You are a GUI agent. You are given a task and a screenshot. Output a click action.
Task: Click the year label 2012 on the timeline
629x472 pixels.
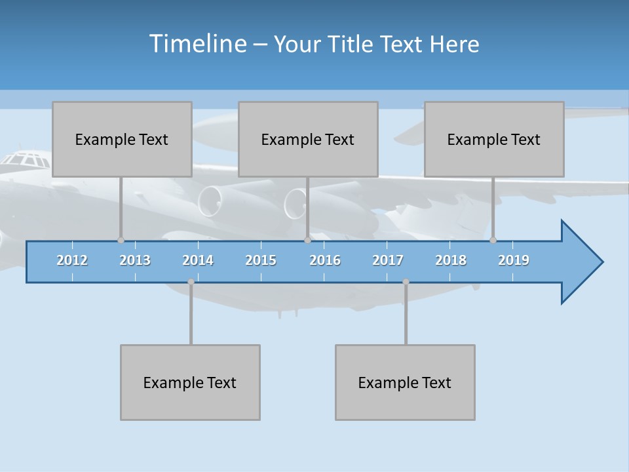(72, 260)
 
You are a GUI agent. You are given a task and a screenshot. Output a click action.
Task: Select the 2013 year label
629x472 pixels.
(135, 260)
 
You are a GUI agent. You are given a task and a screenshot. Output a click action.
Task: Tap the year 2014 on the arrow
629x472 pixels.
(198, 260)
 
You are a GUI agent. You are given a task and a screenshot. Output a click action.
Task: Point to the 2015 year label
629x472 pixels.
(261, 260)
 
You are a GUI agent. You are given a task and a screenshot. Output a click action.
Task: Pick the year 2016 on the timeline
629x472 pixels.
(325, 260)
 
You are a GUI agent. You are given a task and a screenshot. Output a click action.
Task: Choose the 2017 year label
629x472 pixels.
(388, 260)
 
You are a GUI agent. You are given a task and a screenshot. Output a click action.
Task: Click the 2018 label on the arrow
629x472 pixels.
(451, 260)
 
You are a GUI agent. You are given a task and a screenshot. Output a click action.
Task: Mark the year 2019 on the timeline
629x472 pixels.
(514, 260)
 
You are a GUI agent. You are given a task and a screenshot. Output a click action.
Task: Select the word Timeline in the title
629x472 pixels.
(197, 44)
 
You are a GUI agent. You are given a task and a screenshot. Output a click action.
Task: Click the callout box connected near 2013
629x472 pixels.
(122, 139)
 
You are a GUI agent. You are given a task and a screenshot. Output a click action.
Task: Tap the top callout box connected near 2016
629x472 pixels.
(308, 139)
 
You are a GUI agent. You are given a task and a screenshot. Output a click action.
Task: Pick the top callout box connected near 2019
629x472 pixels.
(494, 139)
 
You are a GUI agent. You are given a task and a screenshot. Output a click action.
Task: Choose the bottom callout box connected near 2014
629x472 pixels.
(190, 382)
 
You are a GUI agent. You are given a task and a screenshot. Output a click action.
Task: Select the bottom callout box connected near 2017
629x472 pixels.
(405, 382)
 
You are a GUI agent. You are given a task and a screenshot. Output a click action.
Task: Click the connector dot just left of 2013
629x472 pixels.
(121, 240)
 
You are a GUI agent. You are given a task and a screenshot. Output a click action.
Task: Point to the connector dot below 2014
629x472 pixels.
(191, 282)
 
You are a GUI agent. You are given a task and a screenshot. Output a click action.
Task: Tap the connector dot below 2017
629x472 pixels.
(406, 282)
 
